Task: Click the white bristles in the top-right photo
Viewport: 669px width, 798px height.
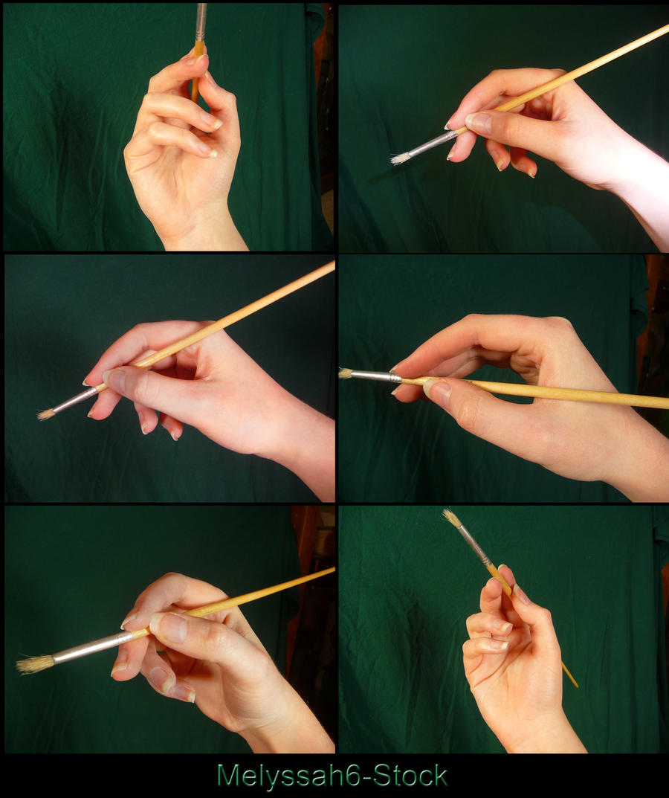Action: pos(401,159)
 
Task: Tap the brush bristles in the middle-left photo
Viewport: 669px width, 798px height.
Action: pos(46,414)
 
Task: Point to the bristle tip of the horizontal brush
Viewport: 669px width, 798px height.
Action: pos(340,373)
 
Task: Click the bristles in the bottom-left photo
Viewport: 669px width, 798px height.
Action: pos(35,663)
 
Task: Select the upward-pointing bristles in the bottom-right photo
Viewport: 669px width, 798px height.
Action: pos(451,518)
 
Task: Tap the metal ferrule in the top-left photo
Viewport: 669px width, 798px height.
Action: pos(201,22)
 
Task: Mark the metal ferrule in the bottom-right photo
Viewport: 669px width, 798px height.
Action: pos(474,545)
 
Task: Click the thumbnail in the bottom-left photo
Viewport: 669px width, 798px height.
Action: pos(172,626)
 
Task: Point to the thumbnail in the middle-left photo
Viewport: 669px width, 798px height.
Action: pos(116,379)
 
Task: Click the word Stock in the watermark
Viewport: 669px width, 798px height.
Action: pos(410,776)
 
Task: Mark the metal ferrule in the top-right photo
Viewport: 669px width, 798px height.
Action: pos(433,144)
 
